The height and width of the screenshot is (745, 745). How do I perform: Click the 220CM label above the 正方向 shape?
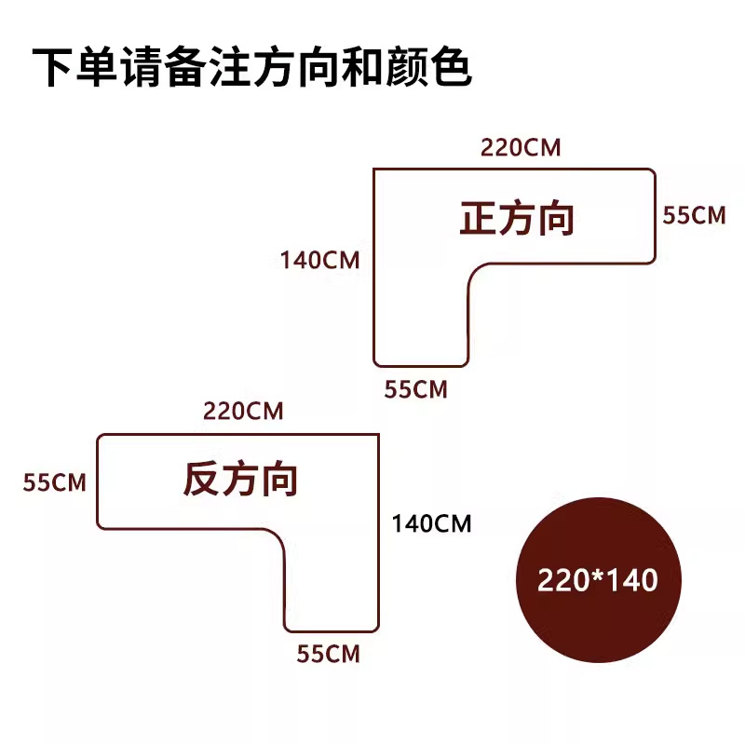[x=521, y=148]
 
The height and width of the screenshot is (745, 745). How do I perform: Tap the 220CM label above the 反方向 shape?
[x=243, y=411]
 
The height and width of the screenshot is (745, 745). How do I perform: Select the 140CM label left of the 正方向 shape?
[x=319, y=260]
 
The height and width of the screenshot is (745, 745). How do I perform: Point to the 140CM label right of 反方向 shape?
[x=431, y=524]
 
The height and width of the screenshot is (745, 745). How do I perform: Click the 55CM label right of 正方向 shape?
[x=693, y=215]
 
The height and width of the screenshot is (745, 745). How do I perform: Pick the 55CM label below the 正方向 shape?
[x=416, y=390]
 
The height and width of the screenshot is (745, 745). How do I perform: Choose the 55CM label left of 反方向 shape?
[x=55, y=482]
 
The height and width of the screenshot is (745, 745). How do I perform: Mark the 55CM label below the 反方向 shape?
[x=328, y=654]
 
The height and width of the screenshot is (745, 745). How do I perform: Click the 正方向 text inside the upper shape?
[x=517, y=219]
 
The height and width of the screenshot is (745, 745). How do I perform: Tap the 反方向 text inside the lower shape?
[x=240, y=480]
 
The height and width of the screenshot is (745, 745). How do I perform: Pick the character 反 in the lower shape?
[x=201, y=480]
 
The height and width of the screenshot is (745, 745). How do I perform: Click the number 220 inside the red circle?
[x=557, y=580]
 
